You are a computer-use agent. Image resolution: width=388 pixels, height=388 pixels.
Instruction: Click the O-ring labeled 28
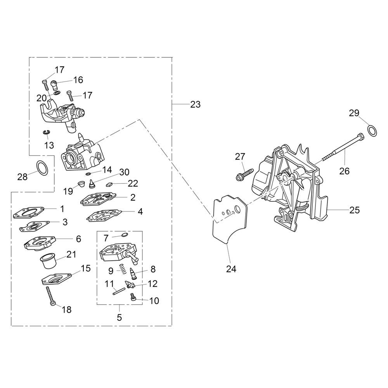[x=42, y=168]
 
